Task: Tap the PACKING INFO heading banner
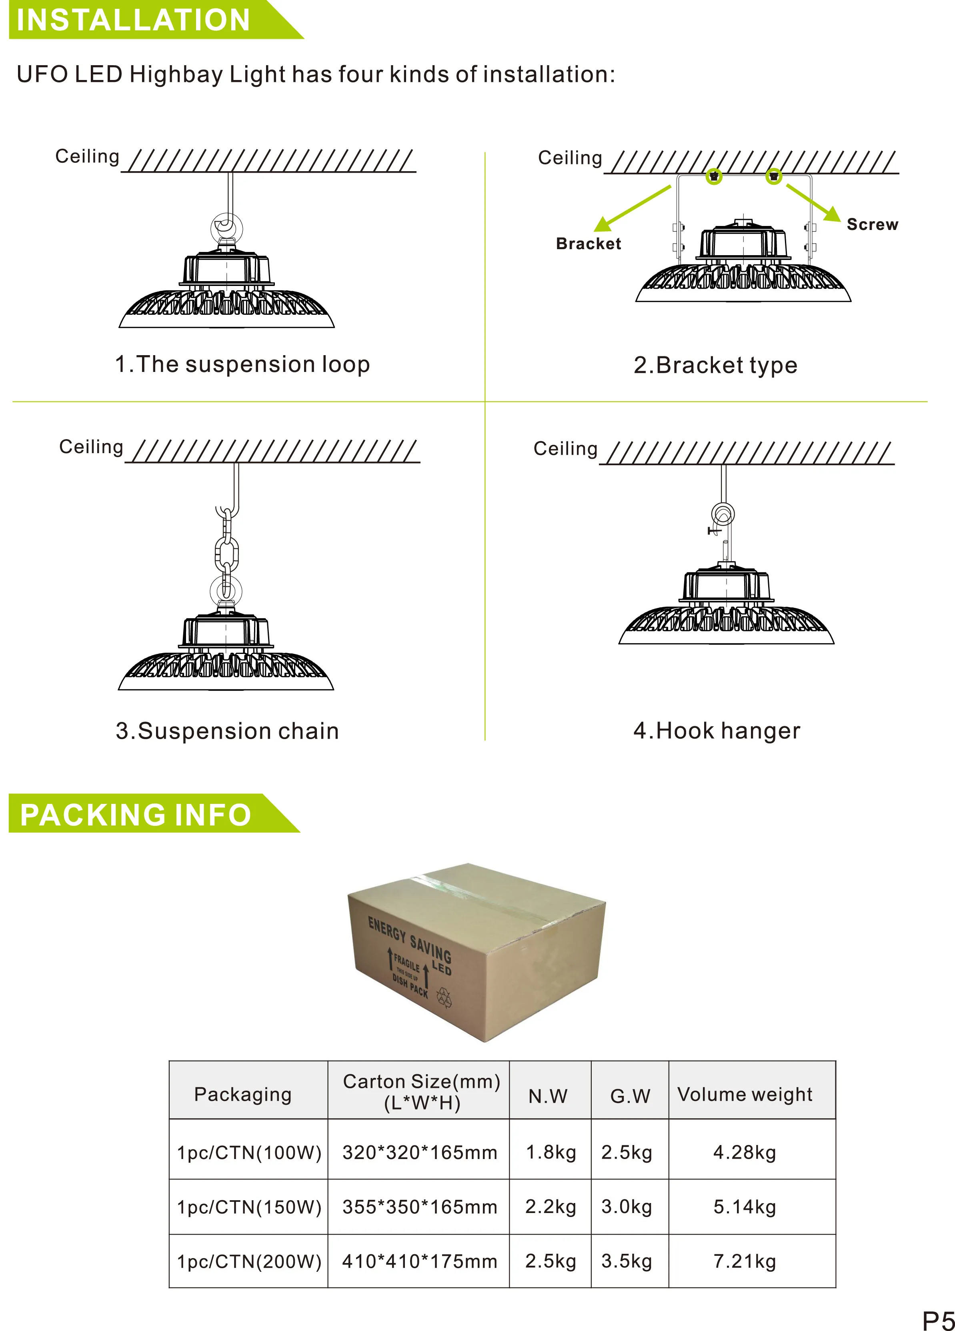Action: pyautogui.click(x=136, y=815)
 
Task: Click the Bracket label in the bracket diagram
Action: pyautogui.click(x=588, y=244)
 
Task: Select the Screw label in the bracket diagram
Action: pyautogui.click(x=872, y=224)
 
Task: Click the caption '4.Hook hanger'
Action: pyautogui.click(x=717, y=731)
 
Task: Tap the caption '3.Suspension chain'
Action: pyautogui.click(x=227, y=731)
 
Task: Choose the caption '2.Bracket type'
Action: pyautogui.click(x=715, y=365)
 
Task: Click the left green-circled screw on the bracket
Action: pyautogui.click(x=714, y=176)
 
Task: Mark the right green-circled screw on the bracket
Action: pyautogui.click(x=774, y=176)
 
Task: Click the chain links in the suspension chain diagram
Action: pyautogui.click(x=226, y=552)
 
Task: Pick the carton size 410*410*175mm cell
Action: pyautogui.click(x=420, y=1261)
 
